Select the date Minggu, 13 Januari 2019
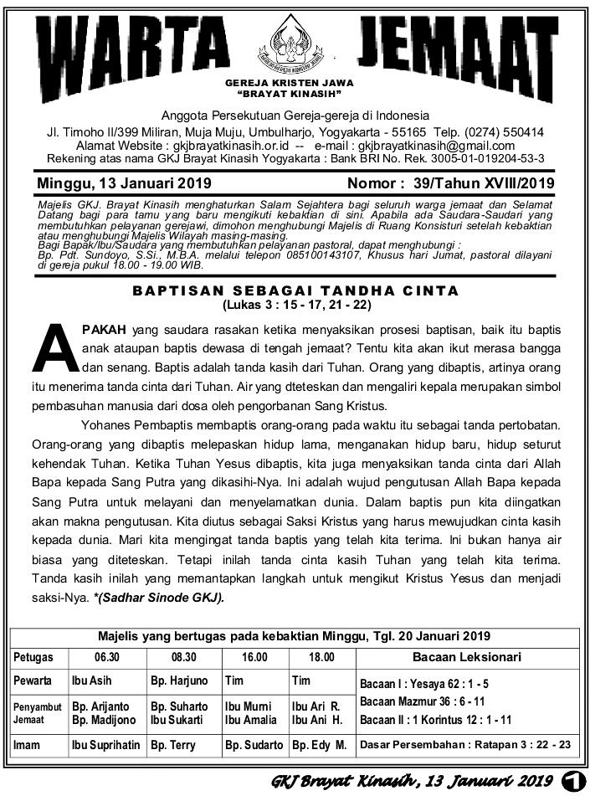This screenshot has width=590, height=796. (x=124, y=183)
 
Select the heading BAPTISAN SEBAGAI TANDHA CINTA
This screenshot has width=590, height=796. (x=295, y=291)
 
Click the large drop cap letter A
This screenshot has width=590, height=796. (x=56, y=347)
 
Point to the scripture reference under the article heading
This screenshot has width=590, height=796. (x=295, y=305)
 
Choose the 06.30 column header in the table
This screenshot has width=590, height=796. (x=106, y=657)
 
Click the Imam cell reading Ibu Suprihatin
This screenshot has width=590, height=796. (x=105, y=744)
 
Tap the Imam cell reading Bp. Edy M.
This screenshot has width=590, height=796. (x=319, y=744)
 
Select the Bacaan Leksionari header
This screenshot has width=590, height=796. (x=467, y=657)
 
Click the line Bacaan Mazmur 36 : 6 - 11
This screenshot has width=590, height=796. (x=422, y=701)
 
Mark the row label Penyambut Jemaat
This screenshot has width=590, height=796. (x=37, y=712)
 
